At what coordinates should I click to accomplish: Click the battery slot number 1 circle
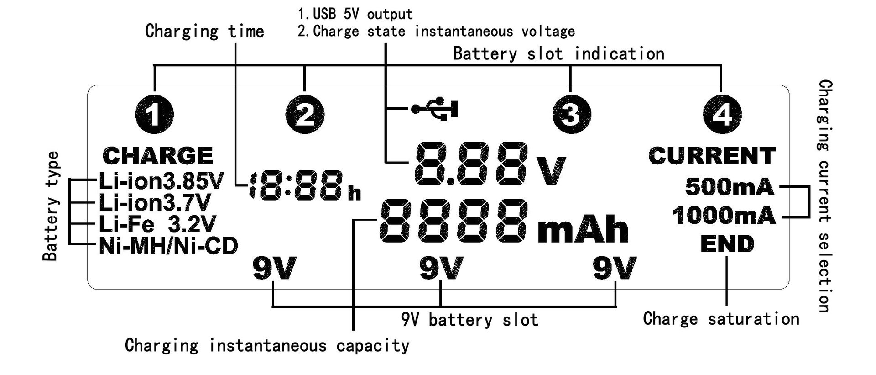pyautogui.click(x=155, y=114)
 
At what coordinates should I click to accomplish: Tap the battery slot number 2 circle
pyautogui.click(x=305, y=114)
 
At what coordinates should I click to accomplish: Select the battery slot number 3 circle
pyautogui.click(x=570, y=114)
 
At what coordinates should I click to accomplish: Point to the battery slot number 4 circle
pyautogui.click(x=722, y=114)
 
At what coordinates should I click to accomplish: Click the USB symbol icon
pyautogui.click(x=435, y=109)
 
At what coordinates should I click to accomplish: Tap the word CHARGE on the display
pyautogui.click(x=158, y=156)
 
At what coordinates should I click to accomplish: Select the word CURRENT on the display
pyautogui.click(x=712, y=156)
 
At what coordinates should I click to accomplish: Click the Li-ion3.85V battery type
pyautogui.click(x=161, y=182)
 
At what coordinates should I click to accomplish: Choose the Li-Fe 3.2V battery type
pyautogui.click(x=157, y=224)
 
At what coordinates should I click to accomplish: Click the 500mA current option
pyautogui.click(x=730, y=187)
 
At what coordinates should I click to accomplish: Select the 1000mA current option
pyautogui.click(x=724, y=216)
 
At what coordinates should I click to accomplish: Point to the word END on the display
pyautogui.click(x=727, y=244)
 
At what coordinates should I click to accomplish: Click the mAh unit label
pyautogui.click(x=583, y=229)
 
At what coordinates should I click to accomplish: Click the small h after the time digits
pyautogui.click(x=354, y=193)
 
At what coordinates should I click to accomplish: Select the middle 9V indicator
pyautogui.click(x=441, y=268)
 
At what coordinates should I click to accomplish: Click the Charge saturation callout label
pyautogui.click(x=721, y=319)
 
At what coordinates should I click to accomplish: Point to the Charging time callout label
pyautogui.click(x=204, y=32)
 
